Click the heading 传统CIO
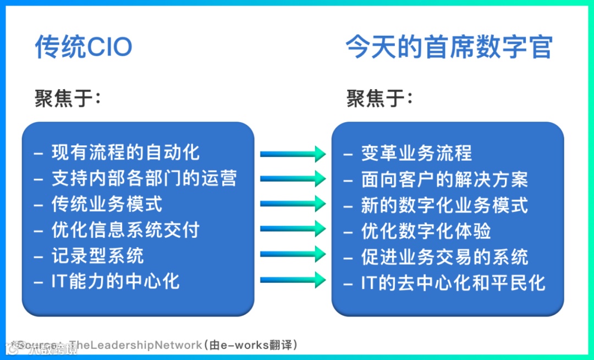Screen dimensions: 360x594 84,48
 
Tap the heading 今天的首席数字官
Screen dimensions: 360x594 449,48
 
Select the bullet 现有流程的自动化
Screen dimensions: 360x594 125,152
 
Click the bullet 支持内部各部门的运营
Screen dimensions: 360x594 144,178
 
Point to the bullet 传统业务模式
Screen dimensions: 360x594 107,204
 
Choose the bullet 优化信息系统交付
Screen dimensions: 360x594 125,230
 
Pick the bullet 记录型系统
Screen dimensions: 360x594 98,255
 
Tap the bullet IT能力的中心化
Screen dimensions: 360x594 116,281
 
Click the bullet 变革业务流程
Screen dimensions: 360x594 416,153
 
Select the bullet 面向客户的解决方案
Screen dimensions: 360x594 444,179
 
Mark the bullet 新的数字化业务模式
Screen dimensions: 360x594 444,205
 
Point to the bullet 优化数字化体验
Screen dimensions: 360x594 426,231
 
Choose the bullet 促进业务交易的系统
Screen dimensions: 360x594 444,257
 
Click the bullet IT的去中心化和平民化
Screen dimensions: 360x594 453,283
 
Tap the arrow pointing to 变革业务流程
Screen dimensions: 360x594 293,154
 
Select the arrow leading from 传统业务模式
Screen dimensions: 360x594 293,204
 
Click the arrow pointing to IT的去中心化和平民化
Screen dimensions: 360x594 293,280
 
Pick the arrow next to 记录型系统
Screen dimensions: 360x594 293,254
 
